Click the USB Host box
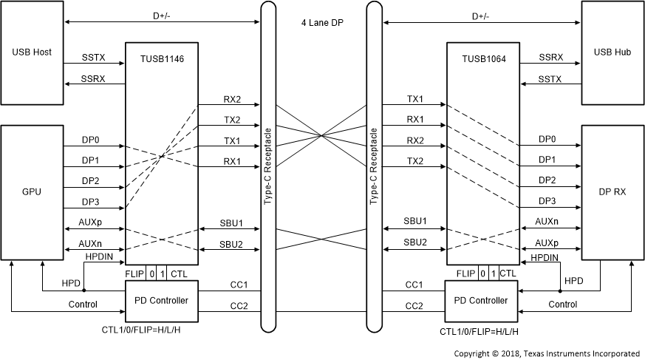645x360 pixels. tap(32, 52)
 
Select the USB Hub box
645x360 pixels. tap(612, 52)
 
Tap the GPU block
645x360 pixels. tap(32, 191)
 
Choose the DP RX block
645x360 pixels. tap(612, 191)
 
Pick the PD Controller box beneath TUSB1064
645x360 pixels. tap(483, 300)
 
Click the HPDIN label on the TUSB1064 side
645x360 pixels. tap(545, 257)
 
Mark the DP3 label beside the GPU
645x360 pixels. tap(91, 200)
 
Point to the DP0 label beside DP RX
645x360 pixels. tap(547, 138)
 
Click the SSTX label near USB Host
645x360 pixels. tap(94, 57)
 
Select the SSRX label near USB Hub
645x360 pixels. tap(550, 57)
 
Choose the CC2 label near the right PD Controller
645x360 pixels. tap(414, 305)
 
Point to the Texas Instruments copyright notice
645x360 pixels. tap(547, 353)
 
